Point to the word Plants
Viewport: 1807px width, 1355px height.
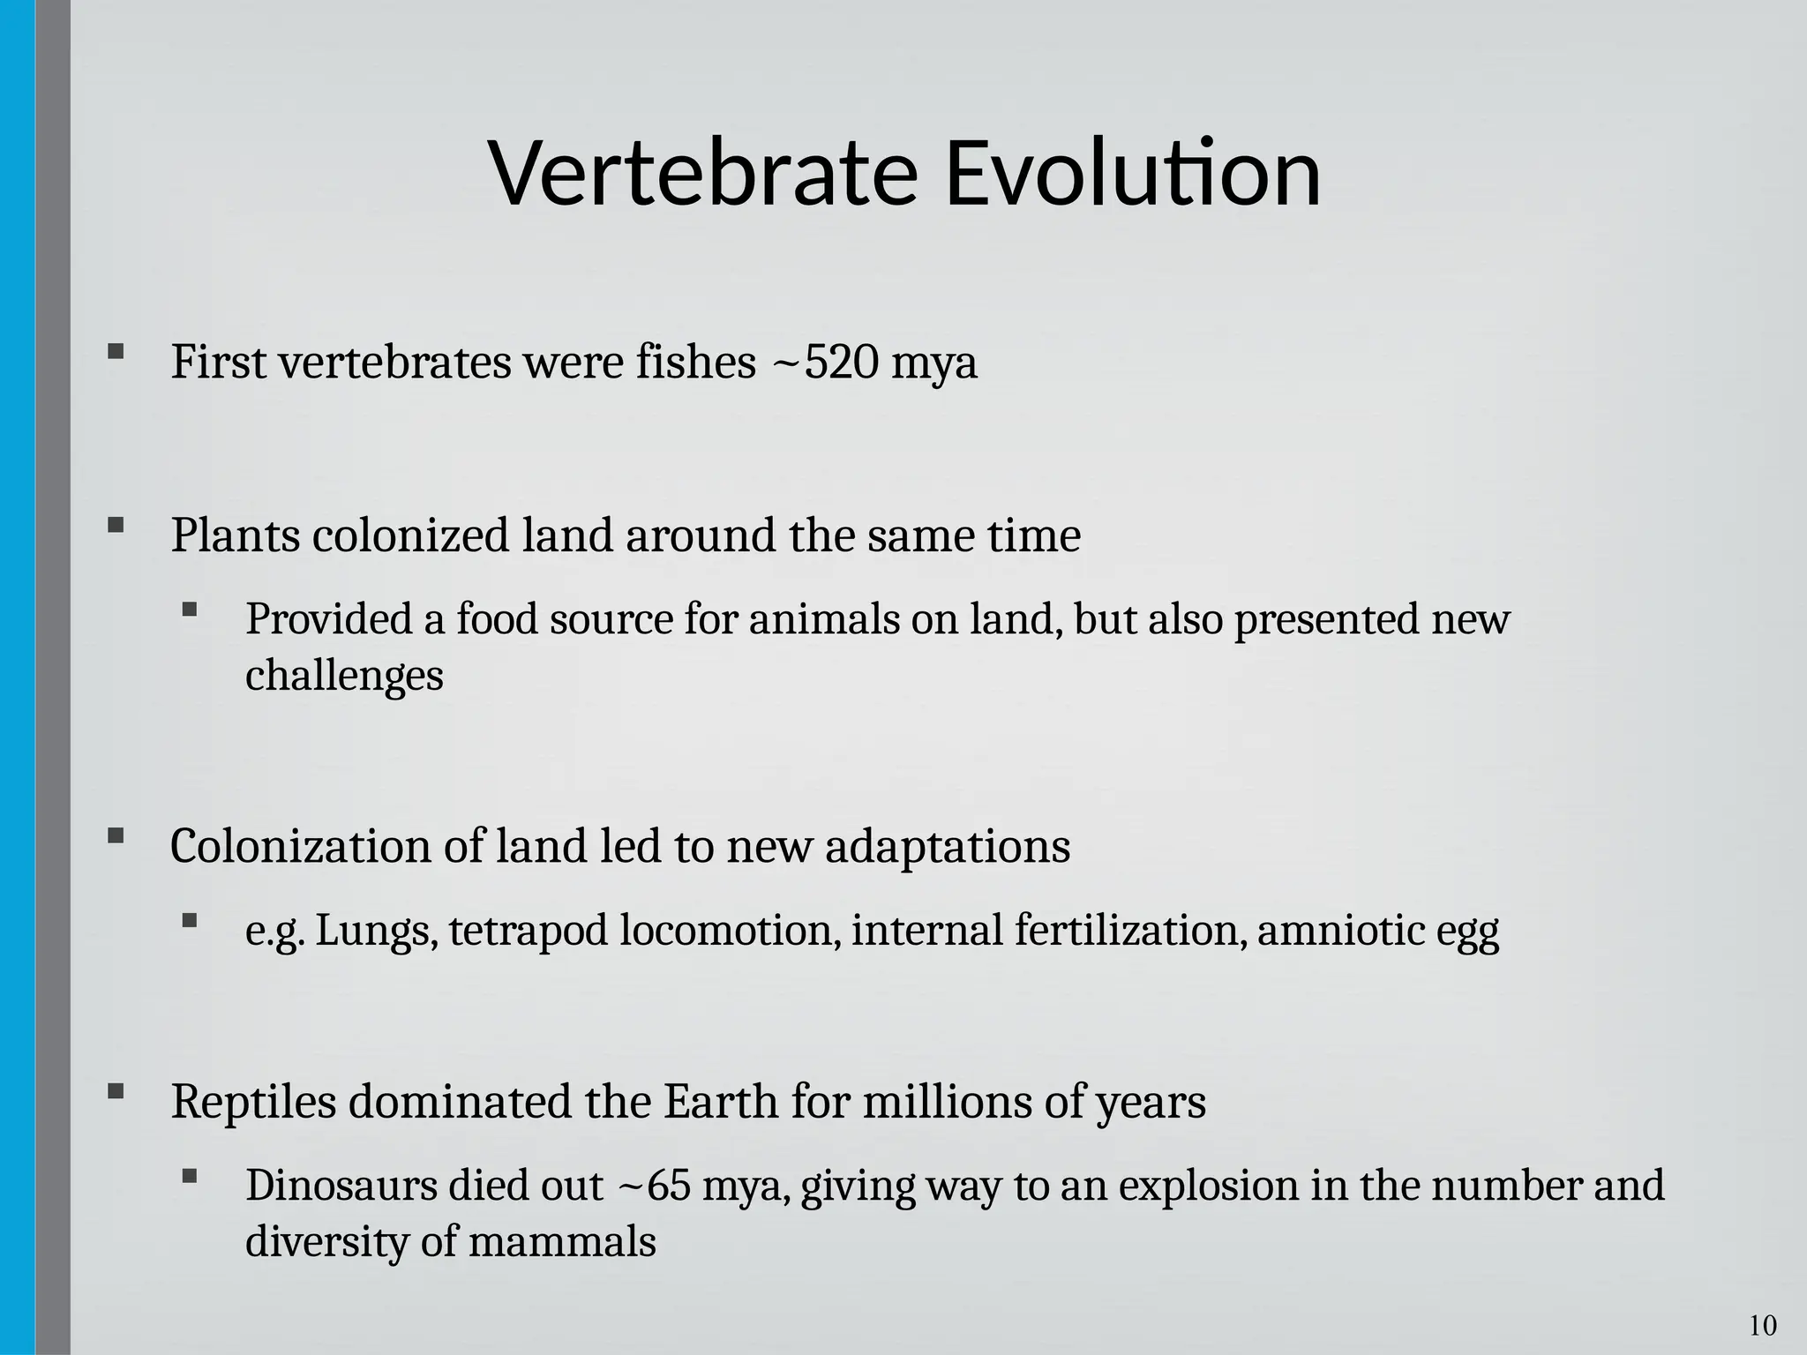click(x=236, y=535)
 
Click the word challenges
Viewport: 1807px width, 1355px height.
click(x=344, y=676)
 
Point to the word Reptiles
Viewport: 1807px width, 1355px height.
click(x=253, y=1102)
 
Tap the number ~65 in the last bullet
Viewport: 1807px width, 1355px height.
click(x=651, y=1185)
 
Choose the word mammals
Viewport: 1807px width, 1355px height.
click(x=562, y=1242)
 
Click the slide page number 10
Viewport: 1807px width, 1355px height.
click(x=1762, y=1326)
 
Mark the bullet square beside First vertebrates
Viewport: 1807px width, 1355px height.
click(x=116, y=352)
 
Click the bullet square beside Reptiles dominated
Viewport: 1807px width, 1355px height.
click(x=116, y=1092)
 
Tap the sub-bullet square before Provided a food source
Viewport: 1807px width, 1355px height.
click(x=190, y=610)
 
